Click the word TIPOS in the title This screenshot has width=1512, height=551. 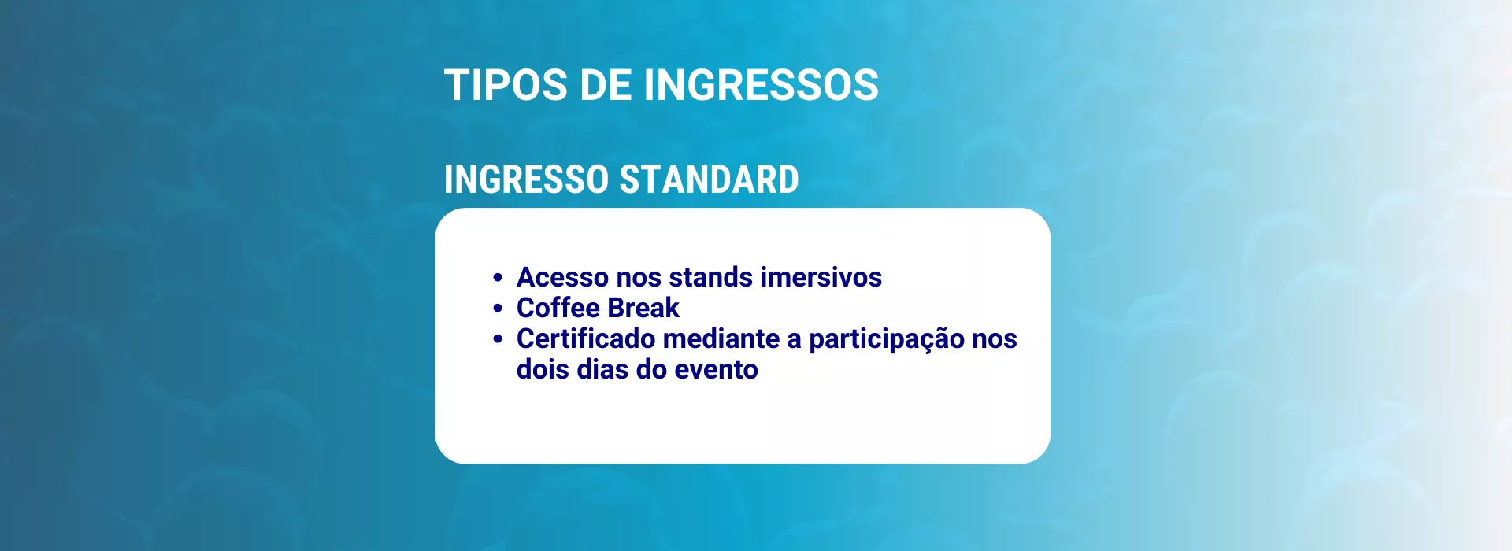[x=506, y=85]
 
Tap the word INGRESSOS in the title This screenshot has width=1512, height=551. [x=761, y=85]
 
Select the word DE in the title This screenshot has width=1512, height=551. [x=606, y=85]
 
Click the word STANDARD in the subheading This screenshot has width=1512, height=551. [x=710, y=179]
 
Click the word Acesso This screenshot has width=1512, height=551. [x=562, y=277]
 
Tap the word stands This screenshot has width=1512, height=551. [x=710, y=277]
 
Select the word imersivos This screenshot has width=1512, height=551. [x=821, y=277]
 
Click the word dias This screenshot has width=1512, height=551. [x=602, y=369]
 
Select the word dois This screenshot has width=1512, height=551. [x=543, y=369]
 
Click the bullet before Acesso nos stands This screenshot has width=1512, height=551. [x=498, y=278]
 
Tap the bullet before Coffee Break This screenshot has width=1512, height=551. [x=498, y=309]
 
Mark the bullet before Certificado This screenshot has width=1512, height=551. [x=498, y=339]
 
